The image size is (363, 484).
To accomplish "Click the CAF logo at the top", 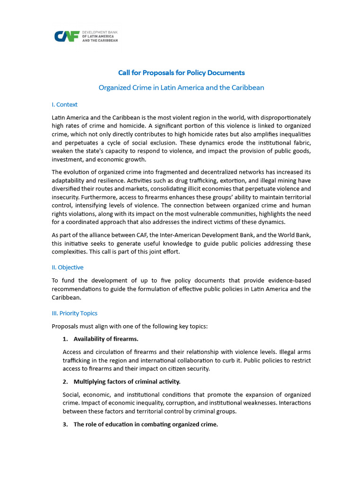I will (x=86, y=36).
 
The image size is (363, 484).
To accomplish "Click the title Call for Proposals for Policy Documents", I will (x=181, y=73).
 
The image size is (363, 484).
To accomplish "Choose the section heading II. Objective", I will (x=67, y=267).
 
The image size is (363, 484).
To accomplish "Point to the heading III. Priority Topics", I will (x=75, y=313).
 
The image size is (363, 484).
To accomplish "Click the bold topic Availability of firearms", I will (x=106, y=338).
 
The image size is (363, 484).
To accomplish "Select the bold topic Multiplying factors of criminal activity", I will (x=127, y=381).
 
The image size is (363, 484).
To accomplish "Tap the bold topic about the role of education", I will (x=146, y=424).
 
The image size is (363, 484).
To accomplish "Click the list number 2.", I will (x=65, y=381).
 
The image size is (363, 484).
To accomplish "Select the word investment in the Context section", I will (x=68, y=160).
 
